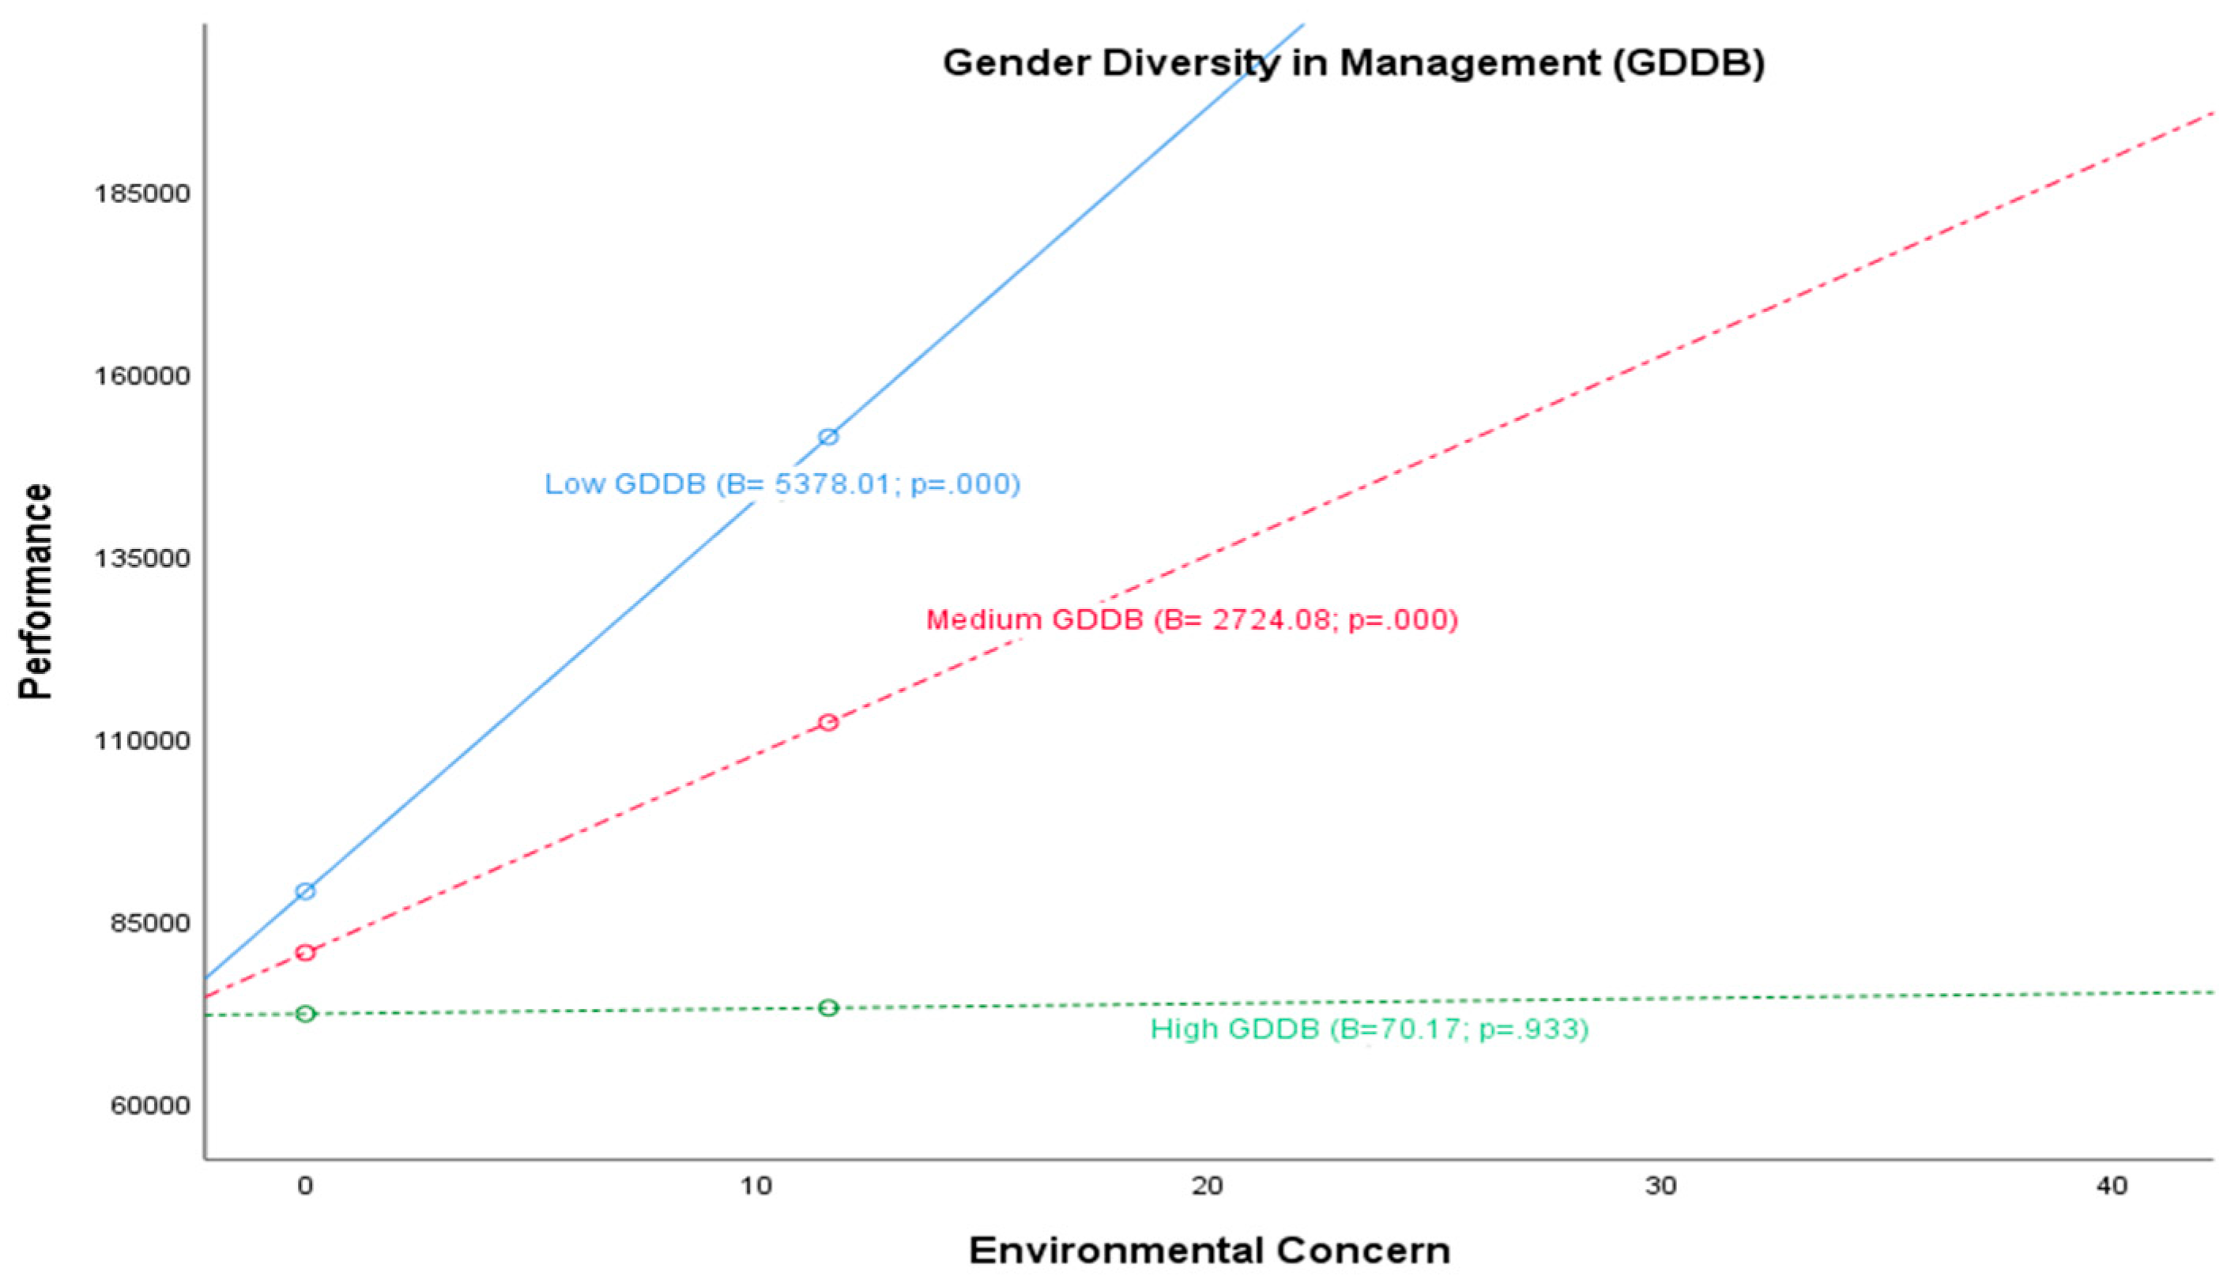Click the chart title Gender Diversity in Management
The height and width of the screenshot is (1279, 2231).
tap(1353, 63)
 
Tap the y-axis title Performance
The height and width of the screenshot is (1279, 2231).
tap(36, 591)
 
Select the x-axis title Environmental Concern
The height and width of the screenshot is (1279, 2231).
tap(1209, 1250)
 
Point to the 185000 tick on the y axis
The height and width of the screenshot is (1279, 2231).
tap(142, 194)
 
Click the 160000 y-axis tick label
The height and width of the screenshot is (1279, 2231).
tap(142, 376)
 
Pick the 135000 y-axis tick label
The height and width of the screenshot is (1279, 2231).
tap(142, 559)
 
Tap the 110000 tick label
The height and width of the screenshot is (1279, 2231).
tap(142, 740)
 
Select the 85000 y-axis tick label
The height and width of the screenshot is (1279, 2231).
tap(150, 924)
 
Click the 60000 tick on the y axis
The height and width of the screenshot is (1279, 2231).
tap(150, 1105)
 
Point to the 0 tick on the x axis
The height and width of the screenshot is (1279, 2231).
tap(305, 1187)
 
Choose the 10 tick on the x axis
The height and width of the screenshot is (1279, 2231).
tap(756, 1187)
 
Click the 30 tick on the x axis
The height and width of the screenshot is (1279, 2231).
tap(1660, 1187)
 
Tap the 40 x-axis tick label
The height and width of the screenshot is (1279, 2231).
tap(2112, 1187)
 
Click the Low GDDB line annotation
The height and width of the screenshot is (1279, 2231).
tap(782, 484)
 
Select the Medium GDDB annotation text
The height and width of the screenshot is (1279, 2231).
tap(1192, 620)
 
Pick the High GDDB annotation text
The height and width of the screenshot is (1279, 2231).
tap(1369, 1029)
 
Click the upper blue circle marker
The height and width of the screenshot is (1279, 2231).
tap(827, 437)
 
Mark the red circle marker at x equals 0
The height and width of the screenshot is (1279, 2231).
tap(305, 952)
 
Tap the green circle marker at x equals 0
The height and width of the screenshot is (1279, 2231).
tap(305, 1014)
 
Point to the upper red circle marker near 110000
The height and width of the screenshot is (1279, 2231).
tap(827, 722)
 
